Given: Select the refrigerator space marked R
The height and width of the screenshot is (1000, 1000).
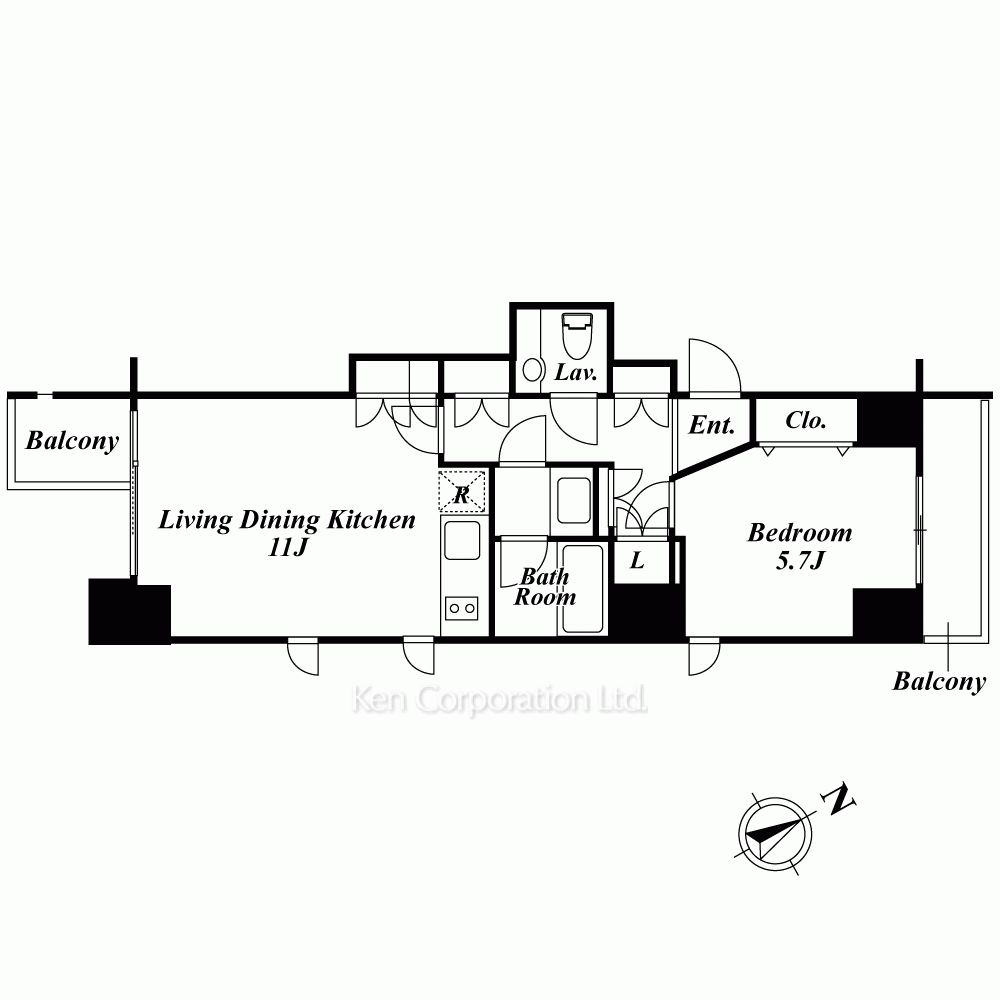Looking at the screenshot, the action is click(x=462, y=492).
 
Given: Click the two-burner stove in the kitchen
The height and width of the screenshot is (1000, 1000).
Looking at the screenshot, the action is click(x=462, y=608).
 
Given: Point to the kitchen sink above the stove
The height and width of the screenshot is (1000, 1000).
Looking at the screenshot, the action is click(x=462, y=540).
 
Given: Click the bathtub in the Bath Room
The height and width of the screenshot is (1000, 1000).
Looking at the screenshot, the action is click(x=583, y=589).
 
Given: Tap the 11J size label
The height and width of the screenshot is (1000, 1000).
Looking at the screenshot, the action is click(x=288, y=547).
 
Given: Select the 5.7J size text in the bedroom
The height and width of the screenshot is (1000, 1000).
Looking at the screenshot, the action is click(x=800, y=560).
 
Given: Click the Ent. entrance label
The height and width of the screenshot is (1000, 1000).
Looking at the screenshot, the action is click(x=712, y=425).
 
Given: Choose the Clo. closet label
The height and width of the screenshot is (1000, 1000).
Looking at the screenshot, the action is click(x=806, y=420).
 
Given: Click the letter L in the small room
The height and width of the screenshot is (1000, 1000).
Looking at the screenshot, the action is click(x=637, y=561).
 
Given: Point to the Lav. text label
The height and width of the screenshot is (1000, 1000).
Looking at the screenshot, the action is click(x=576, y=372).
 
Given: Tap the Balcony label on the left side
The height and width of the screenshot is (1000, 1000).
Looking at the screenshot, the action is click(x=72, y=441).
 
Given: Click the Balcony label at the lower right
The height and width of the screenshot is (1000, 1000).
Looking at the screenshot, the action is click(x=939, y=681).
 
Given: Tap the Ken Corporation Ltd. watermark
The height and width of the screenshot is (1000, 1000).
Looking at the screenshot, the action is click(x=499, y=700).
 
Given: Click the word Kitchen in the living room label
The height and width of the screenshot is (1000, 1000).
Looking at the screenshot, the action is click(x=371, y=520).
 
